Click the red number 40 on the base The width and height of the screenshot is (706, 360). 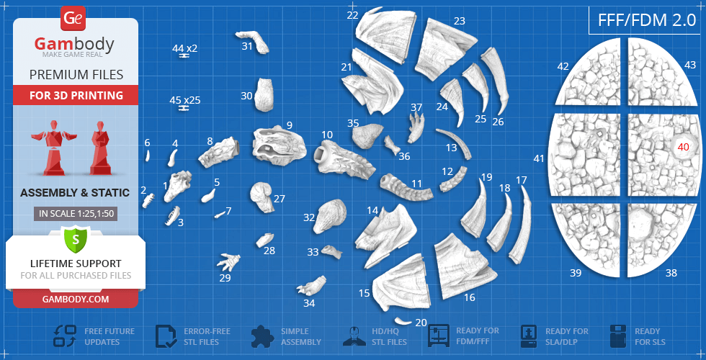tap(683, 147)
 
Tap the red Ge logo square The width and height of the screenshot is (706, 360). tap(72, 19)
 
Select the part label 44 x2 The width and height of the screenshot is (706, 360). tap(184, 48)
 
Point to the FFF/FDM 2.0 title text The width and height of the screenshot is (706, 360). tap(647, 20)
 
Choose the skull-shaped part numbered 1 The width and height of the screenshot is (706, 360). tap(177, 185)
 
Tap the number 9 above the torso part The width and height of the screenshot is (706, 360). tap(289, 125)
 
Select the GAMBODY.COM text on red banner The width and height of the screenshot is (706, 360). tap(75, 299)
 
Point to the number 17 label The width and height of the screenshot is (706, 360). tap(521, 181)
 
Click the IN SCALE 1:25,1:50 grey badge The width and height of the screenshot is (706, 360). tap(75, 214)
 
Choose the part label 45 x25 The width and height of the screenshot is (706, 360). tap(184, 100)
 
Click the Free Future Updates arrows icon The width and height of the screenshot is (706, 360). tap(65, 336)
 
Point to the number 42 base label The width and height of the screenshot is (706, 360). tap(563, 66)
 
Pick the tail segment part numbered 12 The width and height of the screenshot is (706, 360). tap(453, 179)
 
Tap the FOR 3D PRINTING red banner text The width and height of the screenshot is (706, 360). tap(76, 95)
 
